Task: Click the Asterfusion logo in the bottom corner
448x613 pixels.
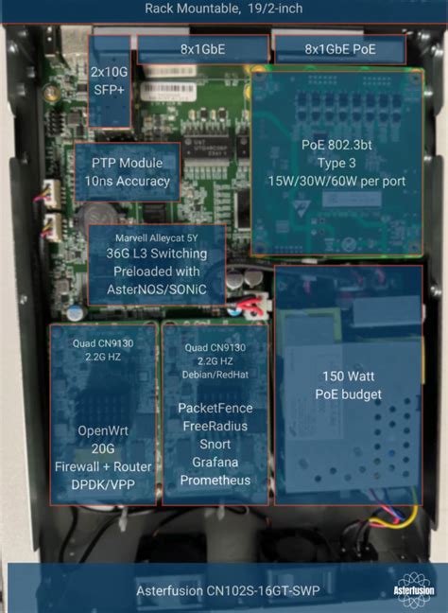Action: (414, 589)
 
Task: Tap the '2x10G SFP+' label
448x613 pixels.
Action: (109, 80)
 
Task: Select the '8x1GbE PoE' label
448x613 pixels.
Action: (340, 49)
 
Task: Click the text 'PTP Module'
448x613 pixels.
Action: (127, 163)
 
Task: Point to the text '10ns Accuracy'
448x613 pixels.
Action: (128, 181)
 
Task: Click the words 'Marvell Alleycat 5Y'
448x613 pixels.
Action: (156, 237)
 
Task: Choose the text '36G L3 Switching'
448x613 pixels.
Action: (157, 254)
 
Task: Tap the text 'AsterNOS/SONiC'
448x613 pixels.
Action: (157, 289)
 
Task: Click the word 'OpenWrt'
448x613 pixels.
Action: (103, 430)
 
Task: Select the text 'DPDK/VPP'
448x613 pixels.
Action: (103, 484)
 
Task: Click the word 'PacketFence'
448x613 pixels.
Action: (215, 408)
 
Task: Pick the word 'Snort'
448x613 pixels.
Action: (215, 444)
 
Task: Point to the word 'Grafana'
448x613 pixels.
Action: (215, 462)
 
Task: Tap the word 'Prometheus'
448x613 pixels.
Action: (215, 480)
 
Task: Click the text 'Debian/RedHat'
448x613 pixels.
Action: (215, 375)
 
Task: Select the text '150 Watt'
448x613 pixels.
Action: (349, 377)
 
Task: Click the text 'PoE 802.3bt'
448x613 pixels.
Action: (336, 145)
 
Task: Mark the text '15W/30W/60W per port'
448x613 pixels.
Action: (336, 181)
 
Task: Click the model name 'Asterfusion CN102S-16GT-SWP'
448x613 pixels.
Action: (228, 590)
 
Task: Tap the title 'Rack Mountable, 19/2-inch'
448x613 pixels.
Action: (224, 9)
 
